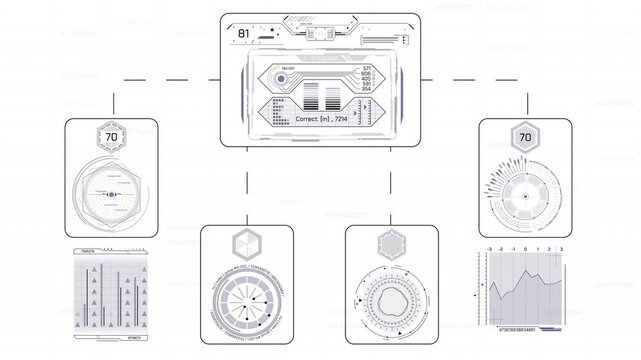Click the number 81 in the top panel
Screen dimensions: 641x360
pyautogui.click(x=243, y=33)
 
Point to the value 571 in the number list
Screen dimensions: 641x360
pyautogui.click(x=366, y=67)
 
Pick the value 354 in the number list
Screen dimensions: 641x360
pyautogui.click(x=366, y=89)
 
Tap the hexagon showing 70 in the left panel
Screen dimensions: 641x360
pyautogui.click(x=110, y=138)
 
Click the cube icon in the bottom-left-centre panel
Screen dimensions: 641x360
pyautogui.click(x=245, y=243)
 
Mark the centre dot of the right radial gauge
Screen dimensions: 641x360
pyautogui.click(x=523, y=197)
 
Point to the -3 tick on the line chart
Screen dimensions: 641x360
pyautogui.click(x=488, y=247)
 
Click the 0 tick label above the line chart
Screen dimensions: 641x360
pyautogui.click(x=525, y=247)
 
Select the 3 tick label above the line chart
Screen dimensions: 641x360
pyautogui.click(x=561, y=247)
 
